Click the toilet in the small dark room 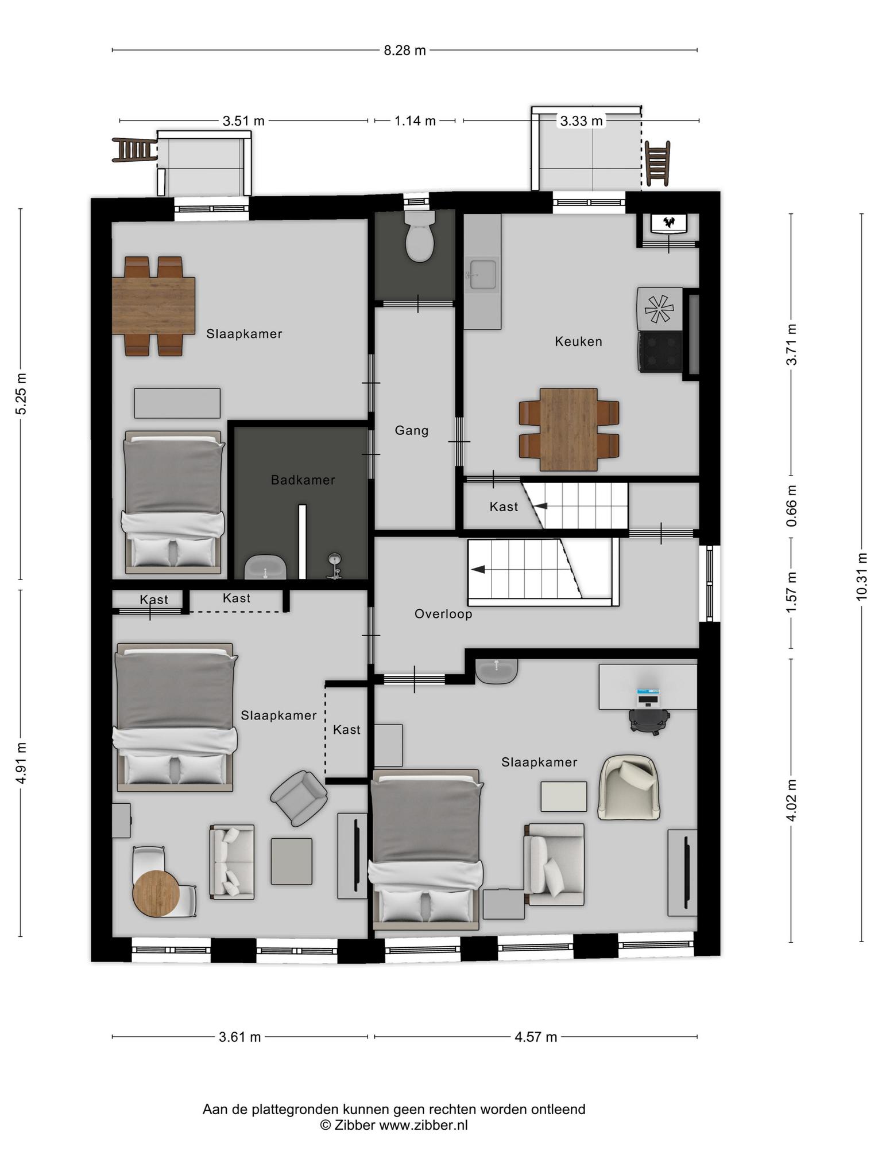(419, 236)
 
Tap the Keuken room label (578, 341)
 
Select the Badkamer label (303, 480)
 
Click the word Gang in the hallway (412, 430)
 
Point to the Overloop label (443, 614)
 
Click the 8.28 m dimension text (405, 50)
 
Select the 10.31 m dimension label (861, 577)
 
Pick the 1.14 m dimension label (415, 121)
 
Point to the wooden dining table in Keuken (568, 429)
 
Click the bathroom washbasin (265, 567)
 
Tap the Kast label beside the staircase (504, 507)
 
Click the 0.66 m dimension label (792, 505)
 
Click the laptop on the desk (648, 697)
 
